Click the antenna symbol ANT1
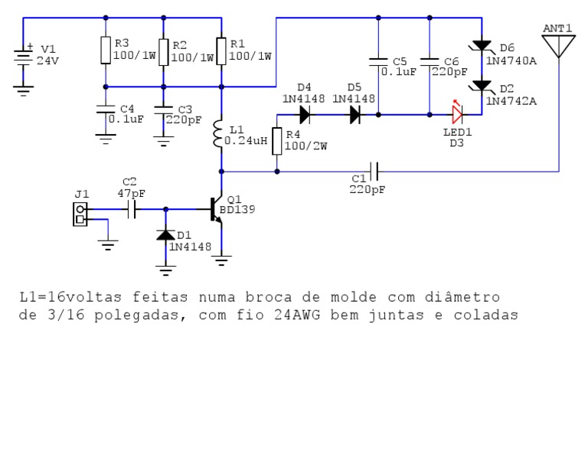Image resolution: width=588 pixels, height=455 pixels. pos(558,45)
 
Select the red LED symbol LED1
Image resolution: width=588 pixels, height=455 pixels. pos(457,115)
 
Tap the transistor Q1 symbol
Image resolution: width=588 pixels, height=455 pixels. pos(217,208)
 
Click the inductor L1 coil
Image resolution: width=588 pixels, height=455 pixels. pos(221,135)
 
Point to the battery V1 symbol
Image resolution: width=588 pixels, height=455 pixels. pos(24,57)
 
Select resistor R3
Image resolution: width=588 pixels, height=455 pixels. pos(106,51)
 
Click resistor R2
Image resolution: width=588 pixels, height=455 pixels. pos(163,51)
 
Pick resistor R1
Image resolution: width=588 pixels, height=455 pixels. pos(221,51)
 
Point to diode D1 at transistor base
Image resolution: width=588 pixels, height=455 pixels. pos(164,235)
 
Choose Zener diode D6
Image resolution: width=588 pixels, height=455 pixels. pos(482,47)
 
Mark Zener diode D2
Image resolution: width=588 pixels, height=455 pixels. pos(482,87)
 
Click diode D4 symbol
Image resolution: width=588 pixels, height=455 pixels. pos(304,115)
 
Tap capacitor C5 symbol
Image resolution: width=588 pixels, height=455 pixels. pos(377,61)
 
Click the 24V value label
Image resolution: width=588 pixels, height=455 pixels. pos(47,61)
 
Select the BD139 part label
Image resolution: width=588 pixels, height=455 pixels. pos(237,210)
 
